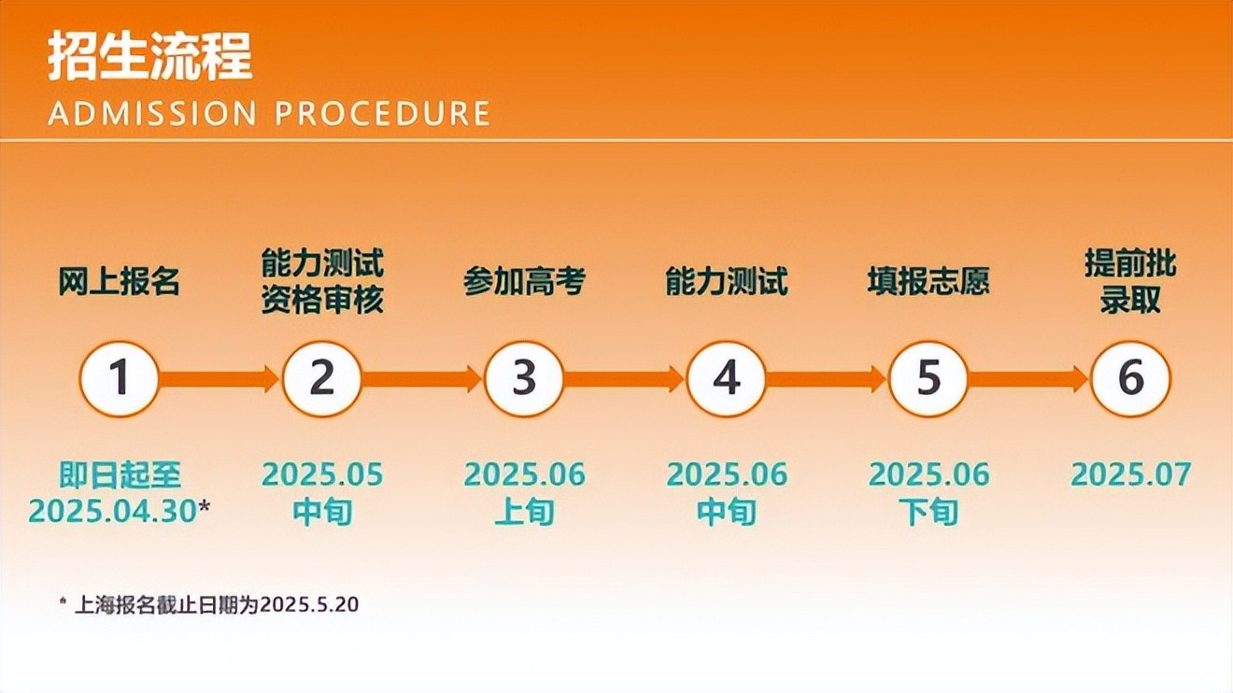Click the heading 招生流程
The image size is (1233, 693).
[x=149, y=57]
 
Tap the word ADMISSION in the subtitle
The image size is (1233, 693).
[x=152, y=113]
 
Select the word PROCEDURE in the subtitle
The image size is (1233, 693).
[x=382, y=113]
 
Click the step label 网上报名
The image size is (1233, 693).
[x=120, y=282]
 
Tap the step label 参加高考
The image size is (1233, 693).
[x=524, y=282]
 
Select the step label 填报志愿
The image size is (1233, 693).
[x=928, y=282]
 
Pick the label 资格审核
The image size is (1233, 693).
[x=322, y=301]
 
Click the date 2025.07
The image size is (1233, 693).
[x=1131, y=474]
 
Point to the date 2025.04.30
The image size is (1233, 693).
[x=113, y=512]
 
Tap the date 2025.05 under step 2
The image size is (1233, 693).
[x=322, y=474]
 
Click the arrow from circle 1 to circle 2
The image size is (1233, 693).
[x=220, y=379]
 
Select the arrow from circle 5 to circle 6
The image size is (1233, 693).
[x=1028, y=379]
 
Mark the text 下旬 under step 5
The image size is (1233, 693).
[x=928, y=512]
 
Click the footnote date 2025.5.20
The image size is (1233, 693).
[x=309, y=604]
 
